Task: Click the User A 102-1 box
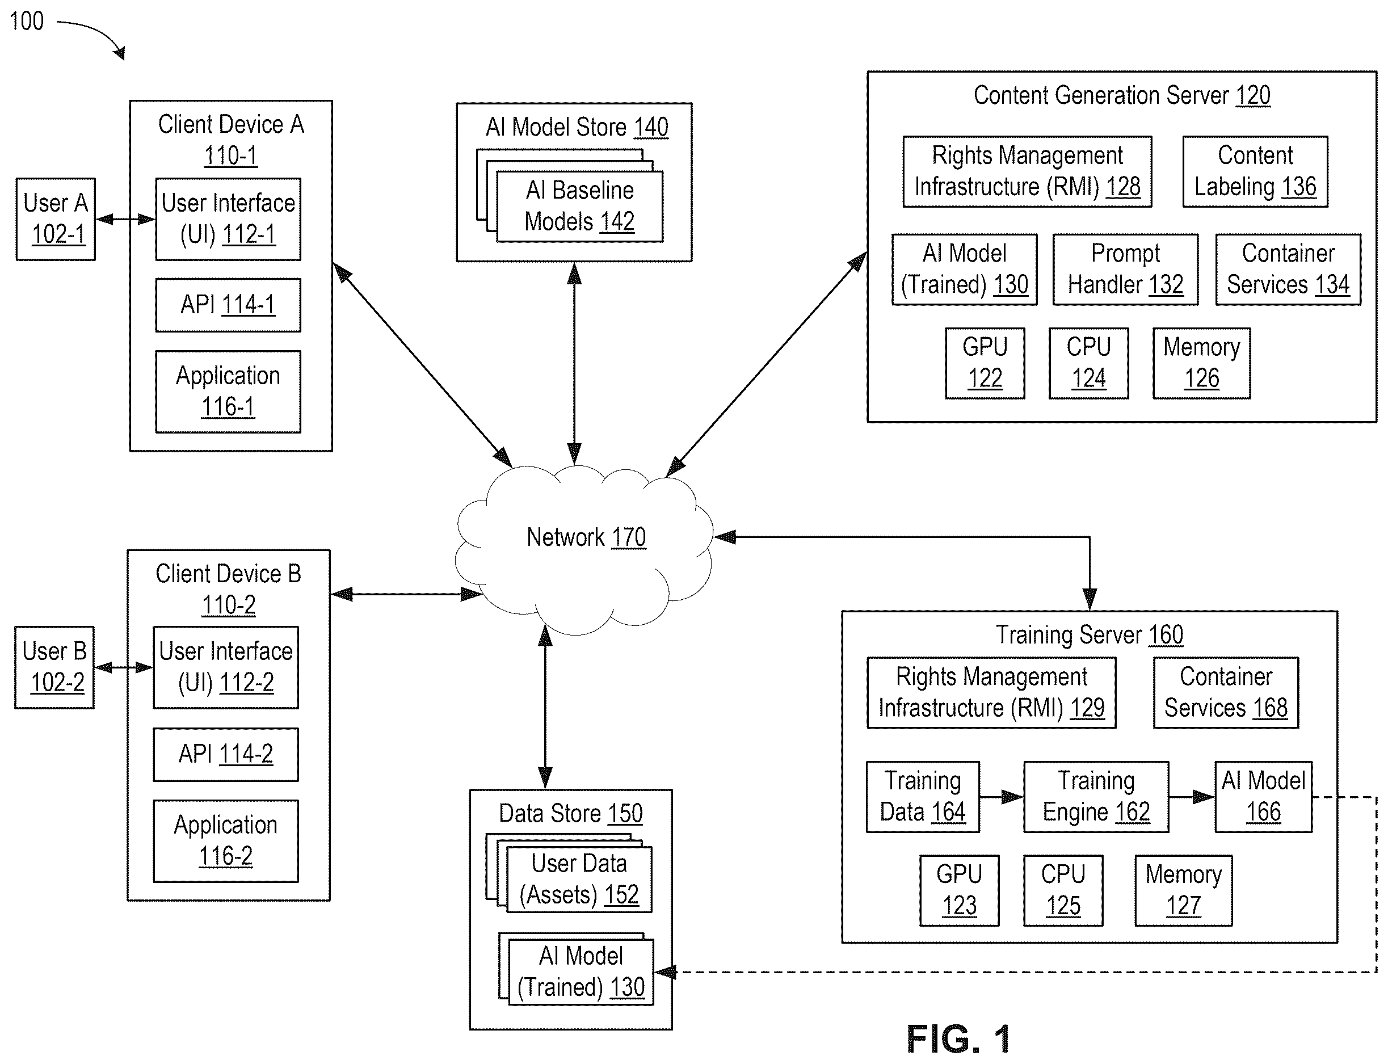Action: (56, 219)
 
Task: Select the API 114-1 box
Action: (228, 305)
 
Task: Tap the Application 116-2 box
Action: (225, 841)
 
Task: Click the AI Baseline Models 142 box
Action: (579, 207)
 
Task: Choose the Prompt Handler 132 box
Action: (1125, 270)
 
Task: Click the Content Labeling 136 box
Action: (1255, 171)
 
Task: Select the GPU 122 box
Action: (985, 363)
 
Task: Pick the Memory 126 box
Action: (1201, 363)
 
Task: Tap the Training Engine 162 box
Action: (1096, 797)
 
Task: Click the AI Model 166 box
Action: (1263, 797)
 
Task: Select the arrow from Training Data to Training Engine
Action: (1002, 797)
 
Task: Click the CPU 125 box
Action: (1063, 890)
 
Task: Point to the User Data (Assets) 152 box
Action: (579, 879)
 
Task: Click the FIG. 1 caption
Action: (958, 1038)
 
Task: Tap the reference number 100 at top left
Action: (27, 21)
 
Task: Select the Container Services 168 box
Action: (1226, 693)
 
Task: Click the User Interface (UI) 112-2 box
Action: (225, 667)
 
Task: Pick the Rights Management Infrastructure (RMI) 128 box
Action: (1027, 171)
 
